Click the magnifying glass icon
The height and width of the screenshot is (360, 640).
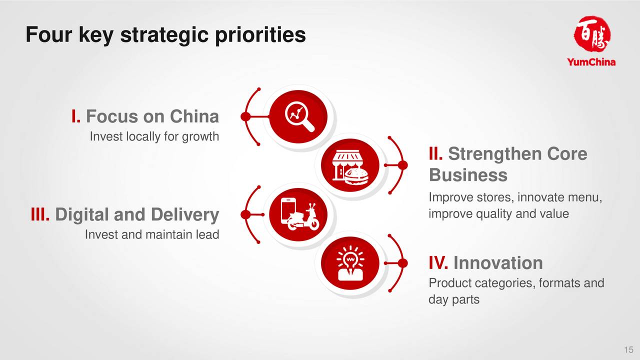point(299,116)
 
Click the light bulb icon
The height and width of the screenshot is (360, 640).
point(350,263)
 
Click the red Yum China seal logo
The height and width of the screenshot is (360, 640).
point(591,33)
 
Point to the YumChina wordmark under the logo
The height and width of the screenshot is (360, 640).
point(591,62)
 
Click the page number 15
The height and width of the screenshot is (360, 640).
point(628,349)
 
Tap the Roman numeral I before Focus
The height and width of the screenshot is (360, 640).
point(75,116)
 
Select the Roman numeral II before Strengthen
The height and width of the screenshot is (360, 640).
point(435,153)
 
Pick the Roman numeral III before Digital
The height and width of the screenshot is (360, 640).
point(40,214)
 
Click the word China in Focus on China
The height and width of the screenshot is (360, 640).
point(194,116)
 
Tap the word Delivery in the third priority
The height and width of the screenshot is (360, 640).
point(185,215)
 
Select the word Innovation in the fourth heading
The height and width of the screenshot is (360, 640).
point(498,262)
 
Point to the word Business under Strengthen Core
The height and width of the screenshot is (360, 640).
point(468,174)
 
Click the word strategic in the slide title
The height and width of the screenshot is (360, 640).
point(165,35)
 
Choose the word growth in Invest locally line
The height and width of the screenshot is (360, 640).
point(200,137)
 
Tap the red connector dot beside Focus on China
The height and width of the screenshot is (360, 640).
point(245,116)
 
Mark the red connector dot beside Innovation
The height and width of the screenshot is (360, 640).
point(403,263)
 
